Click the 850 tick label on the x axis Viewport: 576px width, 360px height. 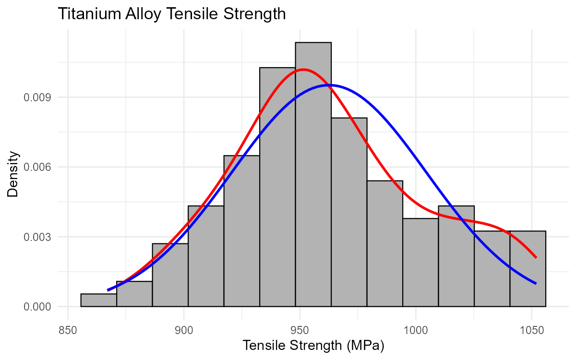tap(68, 331)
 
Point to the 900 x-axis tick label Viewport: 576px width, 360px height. tap(184, 331)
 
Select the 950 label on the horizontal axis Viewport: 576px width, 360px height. tap(300, 331)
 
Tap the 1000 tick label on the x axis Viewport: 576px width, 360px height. tap(416, 331)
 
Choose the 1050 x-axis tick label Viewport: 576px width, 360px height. tap(532, 331)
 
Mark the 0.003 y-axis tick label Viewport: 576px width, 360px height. tap(37, 237)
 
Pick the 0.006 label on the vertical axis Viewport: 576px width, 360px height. tap(37, 168)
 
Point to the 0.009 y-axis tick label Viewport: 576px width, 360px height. tap(37, 97)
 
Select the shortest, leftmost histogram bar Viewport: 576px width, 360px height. tap(99, 301)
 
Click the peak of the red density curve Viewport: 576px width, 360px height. tap(303, 70)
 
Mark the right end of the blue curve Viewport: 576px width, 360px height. tap(536, 284)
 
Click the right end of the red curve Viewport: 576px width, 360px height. tap(536, 258)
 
